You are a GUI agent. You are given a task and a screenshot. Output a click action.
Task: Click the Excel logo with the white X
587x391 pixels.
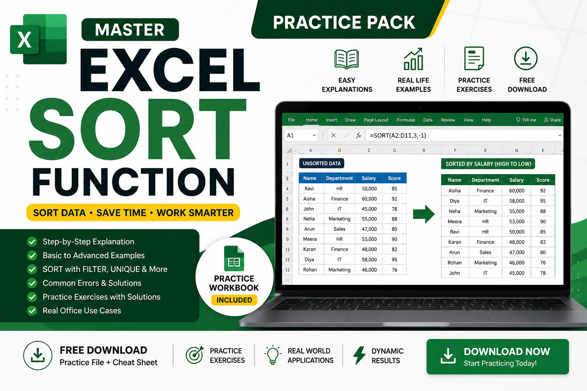[x=38, y=39]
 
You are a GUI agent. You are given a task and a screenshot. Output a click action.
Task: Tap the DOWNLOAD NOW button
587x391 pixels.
[x=497, y=357]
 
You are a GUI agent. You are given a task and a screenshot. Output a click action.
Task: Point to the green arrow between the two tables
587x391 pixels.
[x=423, y=214]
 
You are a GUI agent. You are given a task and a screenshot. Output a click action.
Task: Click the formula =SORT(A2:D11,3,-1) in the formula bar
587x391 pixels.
[x=398, y=136]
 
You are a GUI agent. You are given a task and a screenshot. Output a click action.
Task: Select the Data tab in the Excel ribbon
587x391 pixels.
[x=428, y=120]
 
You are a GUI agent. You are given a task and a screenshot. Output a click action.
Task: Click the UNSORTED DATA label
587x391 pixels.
[x=321, y=163]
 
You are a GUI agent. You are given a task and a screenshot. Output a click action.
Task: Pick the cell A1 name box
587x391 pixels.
[x=301, y=136]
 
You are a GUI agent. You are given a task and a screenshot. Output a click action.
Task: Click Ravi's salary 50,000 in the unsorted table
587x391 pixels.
[x=369, y=189]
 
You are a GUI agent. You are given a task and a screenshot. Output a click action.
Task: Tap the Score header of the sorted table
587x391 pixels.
[x=542, y=180]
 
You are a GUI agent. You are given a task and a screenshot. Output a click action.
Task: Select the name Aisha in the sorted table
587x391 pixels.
[x=454, y=191]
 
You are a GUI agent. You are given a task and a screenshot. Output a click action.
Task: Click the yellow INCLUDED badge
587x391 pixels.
[x=234, y=300]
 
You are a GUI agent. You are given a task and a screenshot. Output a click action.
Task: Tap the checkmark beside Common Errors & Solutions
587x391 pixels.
[x=32, y=283]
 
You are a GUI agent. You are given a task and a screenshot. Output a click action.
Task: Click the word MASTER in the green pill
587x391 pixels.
[x=130, y=30]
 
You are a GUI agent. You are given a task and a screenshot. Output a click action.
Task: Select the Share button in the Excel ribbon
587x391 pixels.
[x=552, y=120]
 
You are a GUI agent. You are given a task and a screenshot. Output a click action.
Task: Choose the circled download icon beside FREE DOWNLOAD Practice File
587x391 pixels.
[x=38, y=355]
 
